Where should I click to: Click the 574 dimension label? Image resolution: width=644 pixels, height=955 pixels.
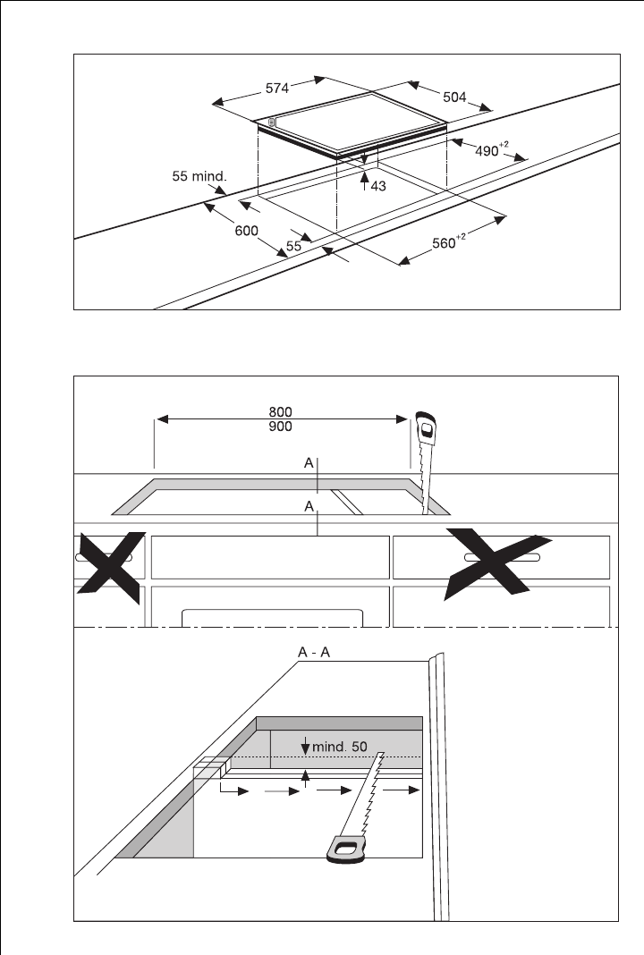click(277, 89)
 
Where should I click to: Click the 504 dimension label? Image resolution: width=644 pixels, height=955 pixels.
click(454, 97)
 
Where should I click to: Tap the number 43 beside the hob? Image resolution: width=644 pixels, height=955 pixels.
click(378, 186)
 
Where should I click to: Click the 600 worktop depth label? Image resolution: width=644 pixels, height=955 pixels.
click(246, 231)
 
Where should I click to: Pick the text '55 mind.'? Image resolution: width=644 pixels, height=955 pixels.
click(199, 177)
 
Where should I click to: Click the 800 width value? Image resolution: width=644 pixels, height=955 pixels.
click(280, 412)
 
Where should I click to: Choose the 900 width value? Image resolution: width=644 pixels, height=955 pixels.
click(280, 427)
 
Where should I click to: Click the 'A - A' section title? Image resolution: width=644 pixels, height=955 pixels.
click(314, 652)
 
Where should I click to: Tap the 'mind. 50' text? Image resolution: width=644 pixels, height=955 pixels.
click(340, 747)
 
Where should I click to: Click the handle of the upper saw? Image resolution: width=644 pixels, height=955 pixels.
click(428, 429)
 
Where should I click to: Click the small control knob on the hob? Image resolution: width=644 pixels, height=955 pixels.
click(272, 123)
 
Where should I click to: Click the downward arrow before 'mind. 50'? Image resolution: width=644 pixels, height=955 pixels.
click(305, 745)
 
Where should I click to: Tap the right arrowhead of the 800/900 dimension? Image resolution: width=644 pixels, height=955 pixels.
click(402, 419)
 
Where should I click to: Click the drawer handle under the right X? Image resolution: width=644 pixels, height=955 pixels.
click(502, 557)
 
